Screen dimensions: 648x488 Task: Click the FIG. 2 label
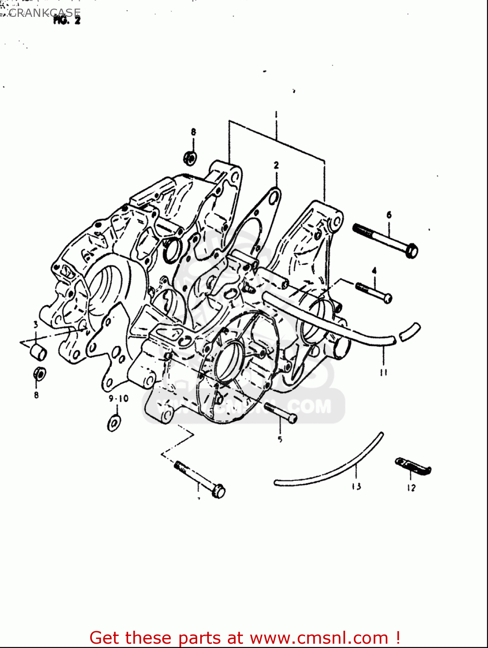[66, 20]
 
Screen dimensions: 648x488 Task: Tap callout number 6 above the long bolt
[389, 215]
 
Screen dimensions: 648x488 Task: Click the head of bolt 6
[412, 250]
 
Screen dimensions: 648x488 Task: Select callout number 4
[374, 271]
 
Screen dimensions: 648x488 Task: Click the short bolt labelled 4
[374, 292]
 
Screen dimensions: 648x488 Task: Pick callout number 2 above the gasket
[276, 165]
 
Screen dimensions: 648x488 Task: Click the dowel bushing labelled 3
[38, 352]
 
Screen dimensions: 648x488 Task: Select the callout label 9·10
[118, 398]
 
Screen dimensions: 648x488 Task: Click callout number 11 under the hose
[384, 372]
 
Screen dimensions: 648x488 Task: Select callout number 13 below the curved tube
[356, 486]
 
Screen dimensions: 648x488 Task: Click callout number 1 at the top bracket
[276, 114]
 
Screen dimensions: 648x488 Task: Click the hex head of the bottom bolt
[219, 492]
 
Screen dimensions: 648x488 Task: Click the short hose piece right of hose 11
[409, 331]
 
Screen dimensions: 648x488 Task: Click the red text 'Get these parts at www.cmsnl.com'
[245, 638]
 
